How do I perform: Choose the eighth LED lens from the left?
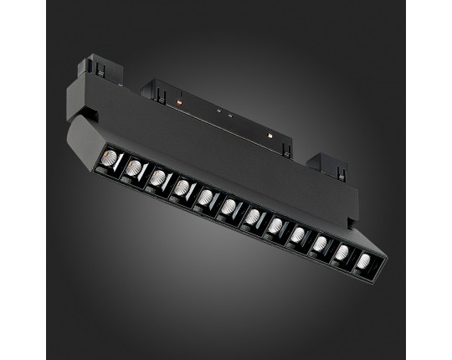(276, 226)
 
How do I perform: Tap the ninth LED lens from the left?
(299, 236)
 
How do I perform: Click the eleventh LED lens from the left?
(343, 254)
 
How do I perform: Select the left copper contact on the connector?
(181, 102)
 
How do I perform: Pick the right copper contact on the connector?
(272, 132)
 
